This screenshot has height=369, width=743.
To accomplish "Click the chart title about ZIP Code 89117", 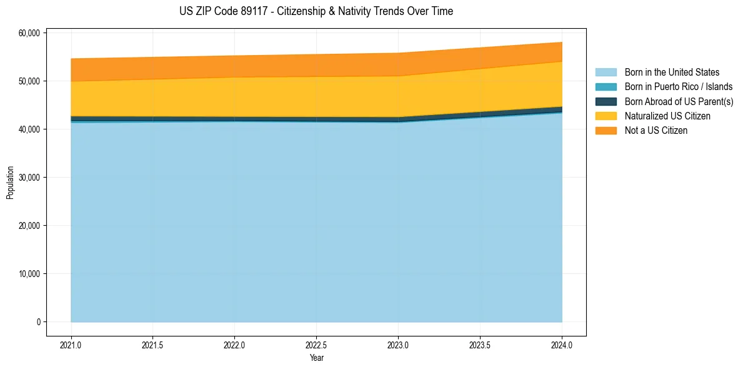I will click(316, 11).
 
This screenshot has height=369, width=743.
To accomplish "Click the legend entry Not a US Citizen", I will click(656, 131).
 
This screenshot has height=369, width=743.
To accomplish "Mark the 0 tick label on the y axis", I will click(39, 322).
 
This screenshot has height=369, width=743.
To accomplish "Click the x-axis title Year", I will click(316, 358).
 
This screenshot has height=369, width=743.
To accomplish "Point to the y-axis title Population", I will click(10, 183).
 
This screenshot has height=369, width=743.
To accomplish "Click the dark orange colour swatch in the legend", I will click(606, 131).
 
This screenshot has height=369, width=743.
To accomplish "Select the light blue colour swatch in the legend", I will click(606, 73).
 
